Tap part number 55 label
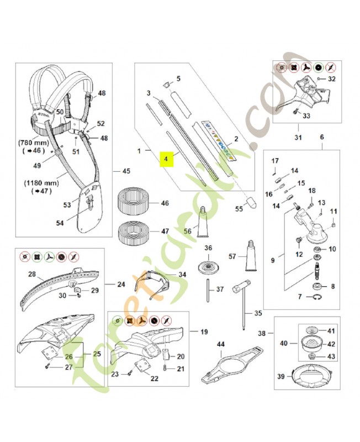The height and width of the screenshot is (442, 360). click(x=239, y=209)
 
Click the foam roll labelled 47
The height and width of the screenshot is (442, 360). click(x=135, y=232)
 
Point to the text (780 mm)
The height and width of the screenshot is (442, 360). click(x=33, y=141)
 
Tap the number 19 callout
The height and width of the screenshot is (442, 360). click(x=204, y=332)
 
